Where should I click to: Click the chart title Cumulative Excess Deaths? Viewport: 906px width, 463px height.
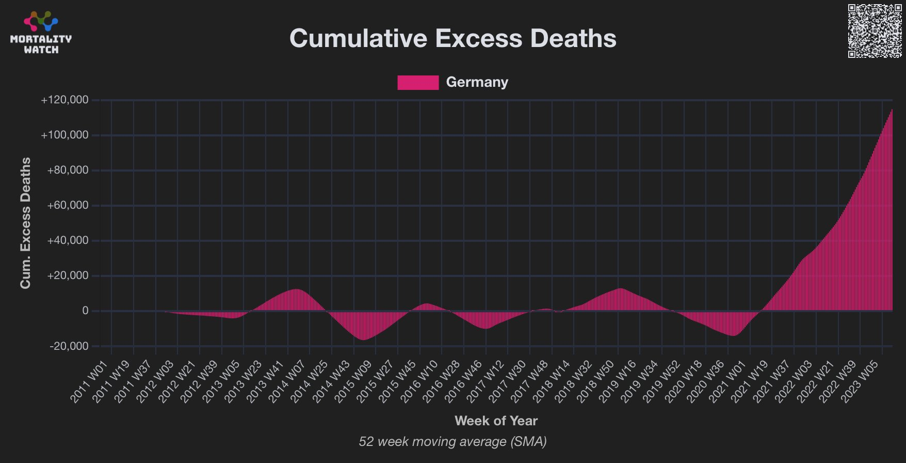coord(452,39)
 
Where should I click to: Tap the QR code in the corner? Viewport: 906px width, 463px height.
coord(875,31)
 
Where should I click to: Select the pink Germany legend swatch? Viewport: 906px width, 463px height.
coord(418,83)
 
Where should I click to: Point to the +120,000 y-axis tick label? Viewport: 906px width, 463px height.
coord(64,100)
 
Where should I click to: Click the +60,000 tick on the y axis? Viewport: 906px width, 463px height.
coord(68,206)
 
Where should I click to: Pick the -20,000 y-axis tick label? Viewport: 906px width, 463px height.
coord(69,346)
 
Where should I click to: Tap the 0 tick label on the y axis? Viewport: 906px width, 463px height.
coord(85,311)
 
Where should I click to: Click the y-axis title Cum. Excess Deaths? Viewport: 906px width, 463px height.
coord(25,223)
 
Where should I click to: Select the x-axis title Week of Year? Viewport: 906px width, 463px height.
coord(496,421)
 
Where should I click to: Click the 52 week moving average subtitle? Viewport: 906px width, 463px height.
coord(452,442)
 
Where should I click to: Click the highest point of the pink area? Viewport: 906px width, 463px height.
coord(892,110)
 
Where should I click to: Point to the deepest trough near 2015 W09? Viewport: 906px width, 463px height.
coord(363,339)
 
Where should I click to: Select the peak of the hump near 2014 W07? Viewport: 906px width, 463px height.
coord(296,289)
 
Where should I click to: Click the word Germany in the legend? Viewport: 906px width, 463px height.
coord(477,83)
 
